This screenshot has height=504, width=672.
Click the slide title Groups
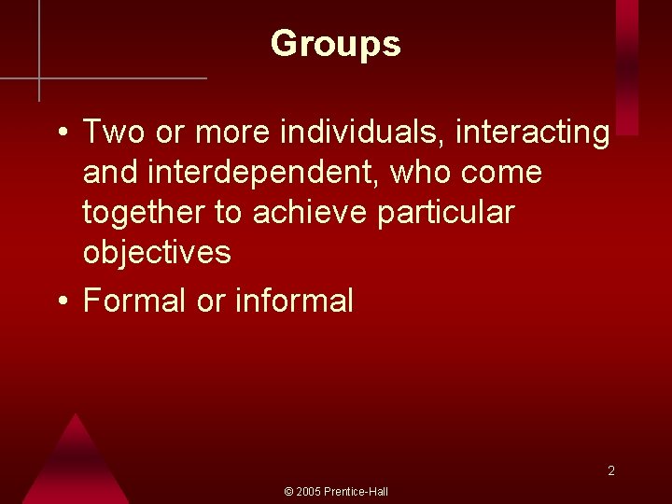tap(336, 44)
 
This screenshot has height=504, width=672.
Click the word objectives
tap(157, 253)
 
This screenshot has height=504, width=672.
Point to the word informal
tap(294, 301)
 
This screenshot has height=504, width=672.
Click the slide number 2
tap(611, 471)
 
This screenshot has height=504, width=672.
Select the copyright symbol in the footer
tap(288, 492)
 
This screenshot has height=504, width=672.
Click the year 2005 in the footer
tap(309, 492)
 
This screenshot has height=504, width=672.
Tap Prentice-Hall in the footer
tap(357, 492)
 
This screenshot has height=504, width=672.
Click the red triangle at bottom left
tap(75, 467)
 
